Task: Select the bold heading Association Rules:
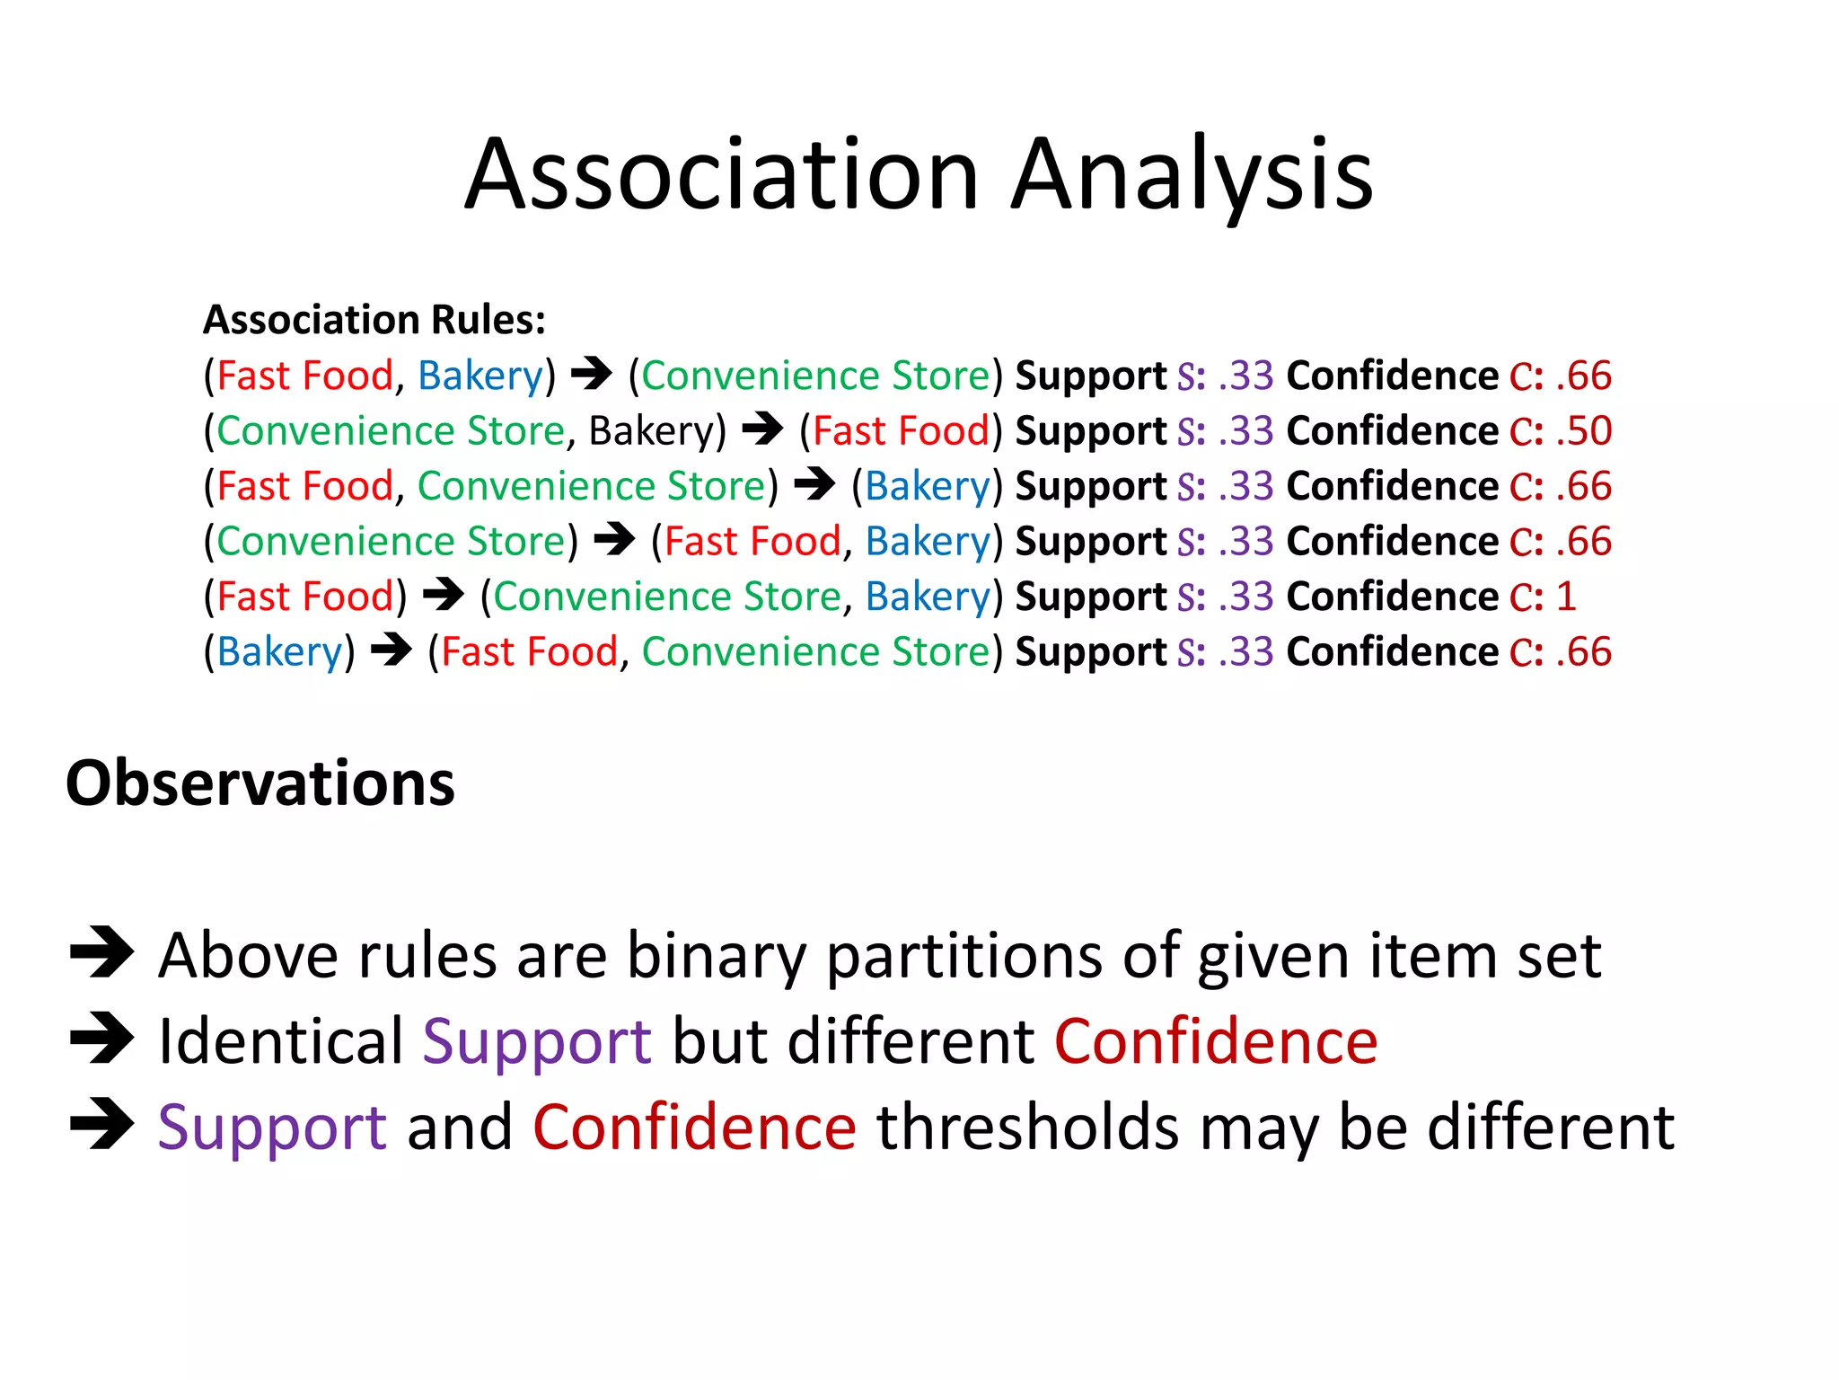(374, 320)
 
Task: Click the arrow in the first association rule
(592, 374)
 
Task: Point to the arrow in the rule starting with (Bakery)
(392, 650)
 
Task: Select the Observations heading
(260, 783)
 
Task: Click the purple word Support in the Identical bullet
(537, 1041)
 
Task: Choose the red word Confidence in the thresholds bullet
(694, 1128)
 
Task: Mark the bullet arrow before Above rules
(101, 952)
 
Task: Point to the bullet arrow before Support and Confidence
(101, 1124)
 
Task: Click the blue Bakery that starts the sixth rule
(279, 652)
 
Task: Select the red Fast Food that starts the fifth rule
(305, 597)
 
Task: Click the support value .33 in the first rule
(1246, 376)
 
